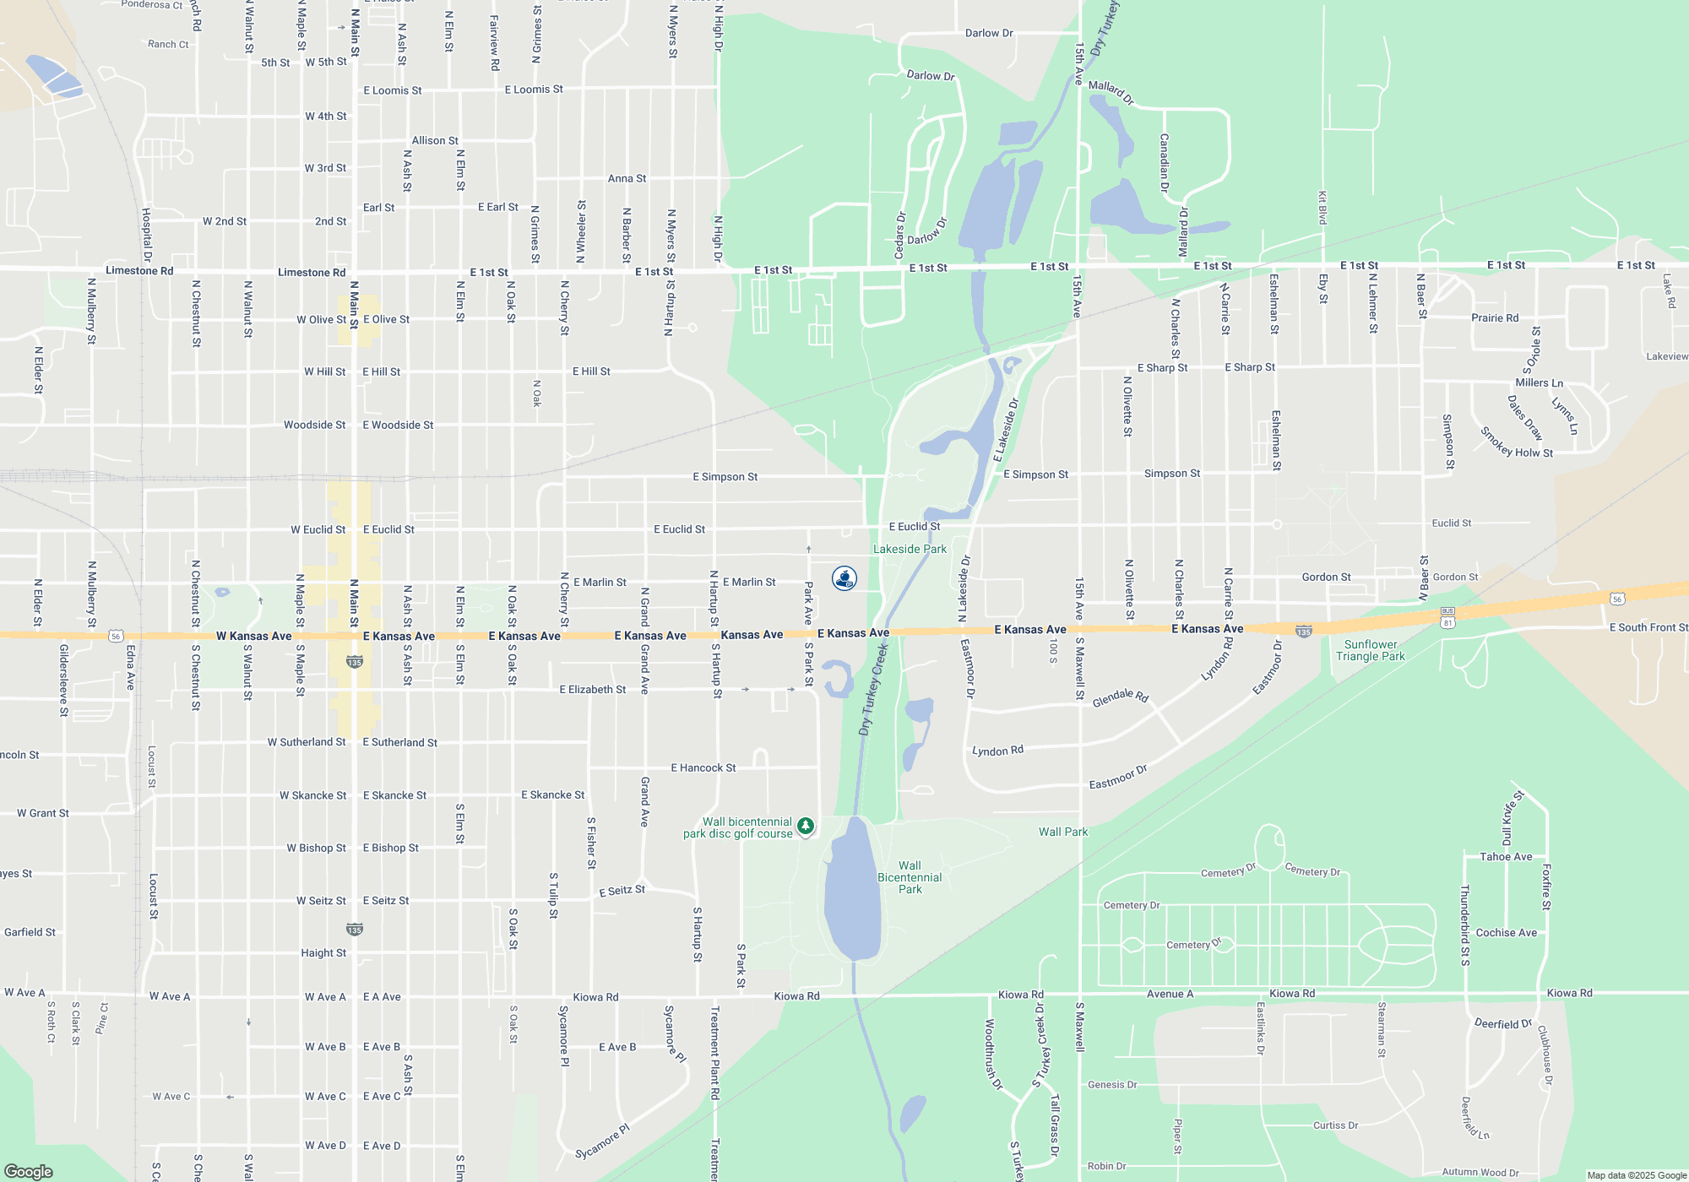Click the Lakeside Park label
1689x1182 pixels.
(x=910, y=549)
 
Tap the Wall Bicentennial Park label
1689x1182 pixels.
(x=910, y=877)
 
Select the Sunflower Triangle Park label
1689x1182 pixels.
(x=1370, y=650)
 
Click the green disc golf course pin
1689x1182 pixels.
(x=806, y=826)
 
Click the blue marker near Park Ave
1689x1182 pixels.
(x=844, y=577)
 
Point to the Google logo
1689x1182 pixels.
(x=28, y=1171)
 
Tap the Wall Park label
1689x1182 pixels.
(x=1062, y=832)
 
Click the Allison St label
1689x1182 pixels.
(x=435, y=141)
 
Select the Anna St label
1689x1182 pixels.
(x=627, y=178)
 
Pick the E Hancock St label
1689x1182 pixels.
(x=703, y=767)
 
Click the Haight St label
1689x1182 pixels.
(x=323, y=952)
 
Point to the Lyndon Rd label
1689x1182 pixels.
(x=997, y=751)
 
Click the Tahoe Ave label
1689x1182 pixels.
(x=1506, y=856)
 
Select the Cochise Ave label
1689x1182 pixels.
(x=1506, y=933)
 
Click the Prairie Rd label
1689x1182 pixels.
(x=1495, y=318)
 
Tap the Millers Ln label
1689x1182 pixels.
(x=1539, y=382)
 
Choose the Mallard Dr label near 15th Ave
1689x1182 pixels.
(x=1111, y=91)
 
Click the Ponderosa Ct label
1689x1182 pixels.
(x=152, y=5)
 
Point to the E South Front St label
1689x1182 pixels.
(x=1648, y=627)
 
